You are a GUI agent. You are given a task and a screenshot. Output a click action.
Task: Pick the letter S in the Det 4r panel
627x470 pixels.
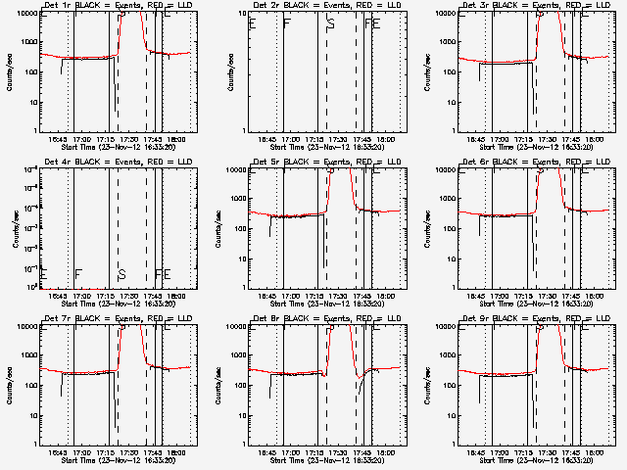(x=121, y=274)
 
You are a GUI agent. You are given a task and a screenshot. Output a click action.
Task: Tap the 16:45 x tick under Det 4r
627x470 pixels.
(x=57, y=297)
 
